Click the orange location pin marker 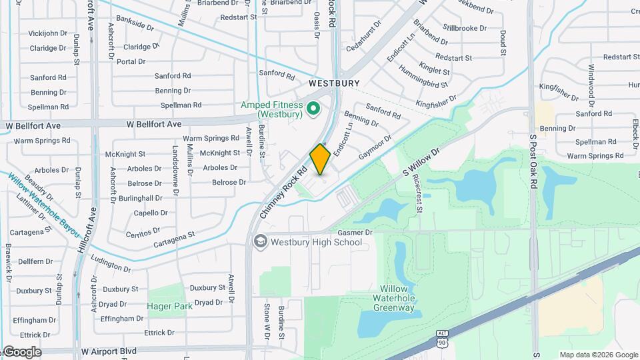pos(320,159)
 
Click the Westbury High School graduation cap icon pos(259,241)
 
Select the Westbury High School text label pos(316,241)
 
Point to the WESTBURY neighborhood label pos(334,84)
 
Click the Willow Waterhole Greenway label pos(393,298)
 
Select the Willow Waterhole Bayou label pos(44,205)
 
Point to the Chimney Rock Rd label pos(283,193)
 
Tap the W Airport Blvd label pos(109,351)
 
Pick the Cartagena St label pos(173,238)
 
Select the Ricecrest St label pos(417,194)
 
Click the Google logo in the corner pos(22,351)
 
